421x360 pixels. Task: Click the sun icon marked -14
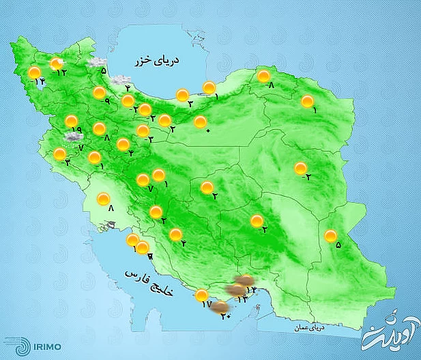tap(34, 72)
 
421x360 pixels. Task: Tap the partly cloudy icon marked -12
tap(57, 65)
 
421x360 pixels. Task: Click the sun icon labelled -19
tap(71, 122)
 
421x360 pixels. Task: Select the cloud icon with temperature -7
tap(70, 136)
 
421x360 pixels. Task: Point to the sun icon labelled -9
tap(99, 93)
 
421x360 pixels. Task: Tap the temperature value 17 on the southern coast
tap(207, 305)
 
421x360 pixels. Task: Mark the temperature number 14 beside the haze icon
tap(250, 291)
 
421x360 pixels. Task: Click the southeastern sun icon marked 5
tap(330, 237)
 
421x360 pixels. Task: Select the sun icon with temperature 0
tap(200, 122)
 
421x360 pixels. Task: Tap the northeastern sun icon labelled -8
tap(263, 77)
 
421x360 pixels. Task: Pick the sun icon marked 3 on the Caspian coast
tap(182, 95)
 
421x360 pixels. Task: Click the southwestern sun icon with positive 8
tap(103, 199)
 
